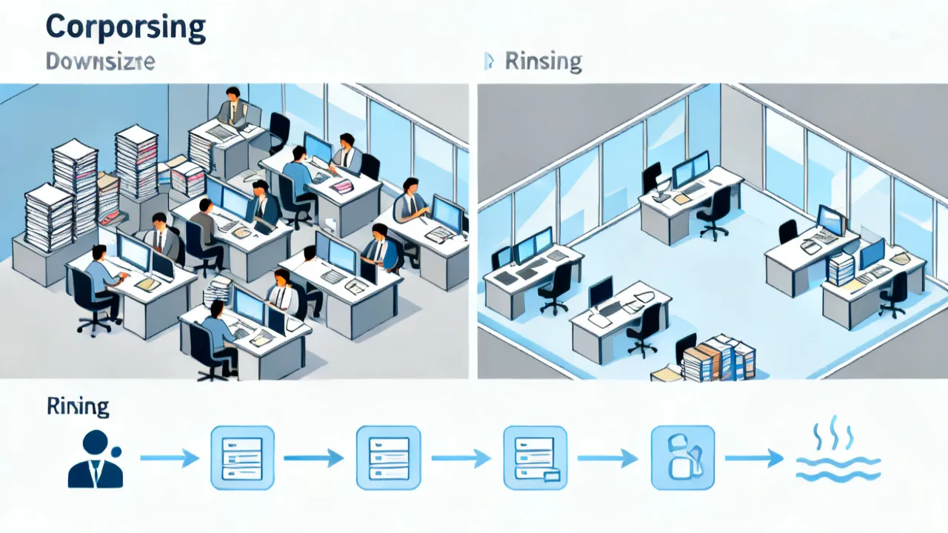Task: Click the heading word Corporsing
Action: [x=126, y=29]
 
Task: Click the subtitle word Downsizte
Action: [x=100, y=61]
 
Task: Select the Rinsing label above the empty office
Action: [x=544, y=62]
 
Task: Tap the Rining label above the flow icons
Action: [x=78, y=406]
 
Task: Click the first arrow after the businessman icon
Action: [x=170, y=458]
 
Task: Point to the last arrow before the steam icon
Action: [x=754, y=458]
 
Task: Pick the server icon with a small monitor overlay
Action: [x=535, y=458]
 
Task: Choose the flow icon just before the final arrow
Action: [x=683, y=457]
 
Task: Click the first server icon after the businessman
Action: [x=242, y=458]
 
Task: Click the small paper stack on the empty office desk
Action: [x=840, y=269]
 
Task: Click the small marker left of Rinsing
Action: [x=489, y=61]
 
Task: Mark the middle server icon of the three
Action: [x=389, y=458]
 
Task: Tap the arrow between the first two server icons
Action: [x=313, y=458]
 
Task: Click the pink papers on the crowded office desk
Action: [x=342, y=185]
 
